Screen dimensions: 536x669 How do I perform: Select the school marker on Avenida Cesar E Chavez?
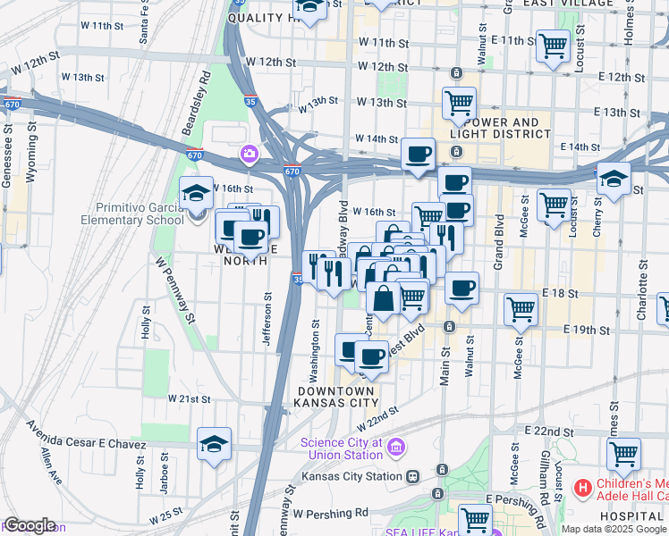pyautogui.click(x=214, y=444)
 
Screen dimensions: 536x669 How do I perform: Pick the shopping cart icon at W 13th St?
pyautogui.click(x=459, y=103)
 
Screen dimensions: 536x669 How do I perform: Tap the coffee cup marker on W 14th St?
pyautogui.click(x=418, y=155)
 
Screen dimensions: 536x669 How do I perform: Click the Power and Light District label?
pyautogui.click(x=501, y=128)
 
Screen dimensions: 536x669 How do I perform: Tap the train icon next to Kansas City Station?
pyautogui.click(x=412, y=477)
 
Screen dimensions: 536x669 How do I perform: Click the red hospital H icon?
pyautogui.click(x=583, y=488)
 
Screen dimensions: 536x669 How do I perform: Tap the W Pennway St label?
pyautogui.click(x=175, y=290)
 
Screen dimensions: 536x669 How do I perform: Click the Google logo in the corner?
pyautogui.click(x=30, y=525)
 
